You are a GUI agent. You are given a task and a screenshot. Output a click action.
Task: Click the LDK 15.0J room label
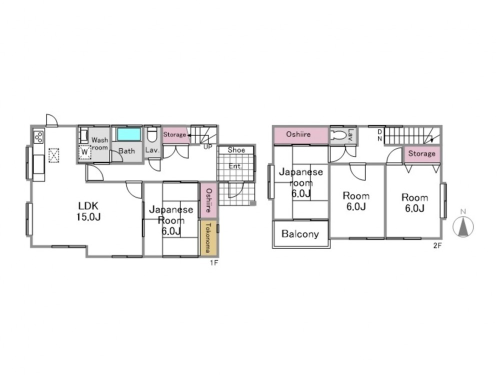(x=88, y=211)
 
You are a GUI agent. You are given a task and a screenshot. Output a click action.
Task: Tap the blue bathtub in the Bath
(x=129, y=134)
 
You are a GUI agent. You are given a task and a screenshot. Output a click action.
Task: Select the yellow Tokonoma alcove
(x=209, y=237)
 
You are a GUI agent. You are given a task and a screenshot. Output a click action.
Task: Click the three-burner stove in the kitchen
(x=38, y=137)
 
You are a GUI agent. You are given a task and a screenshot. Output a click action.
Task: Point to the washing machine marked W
(x=84, y=152)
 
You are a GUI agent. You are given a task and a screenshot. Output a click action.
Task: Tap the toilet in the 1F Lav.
(x=152, y=134)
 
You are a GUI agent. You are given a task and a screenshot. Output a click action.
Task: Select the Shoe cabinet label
(x=236, y=150)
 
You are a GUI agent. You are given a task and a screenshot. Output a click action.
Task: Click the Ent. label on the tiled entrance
(x=235, y=166)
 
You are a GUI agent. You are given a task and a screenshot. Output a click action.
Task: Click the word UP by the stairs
(x=207, y=147)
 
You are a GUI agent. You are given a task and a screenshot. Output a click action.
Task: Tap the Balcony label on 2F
(x=300, y=234)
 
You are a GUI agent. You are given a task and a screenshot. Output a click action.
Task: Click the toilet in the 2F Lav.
(x=338, y=135)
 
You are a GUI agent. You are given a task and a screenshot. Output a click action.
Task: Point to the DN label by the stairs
(x=380, y=135)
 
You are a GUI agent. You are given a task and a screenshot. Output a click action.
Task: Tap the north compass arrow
(x=463, y=226)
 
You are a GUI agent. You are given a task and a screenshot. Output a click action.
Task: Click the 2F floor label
(x=437, y=245)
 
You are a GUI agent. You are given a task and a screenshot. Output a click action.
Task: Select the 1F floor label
(x=214, y=263)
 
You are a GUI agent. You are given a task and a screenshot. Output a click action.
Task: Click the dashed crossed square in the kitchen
(x=54, y=155)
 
